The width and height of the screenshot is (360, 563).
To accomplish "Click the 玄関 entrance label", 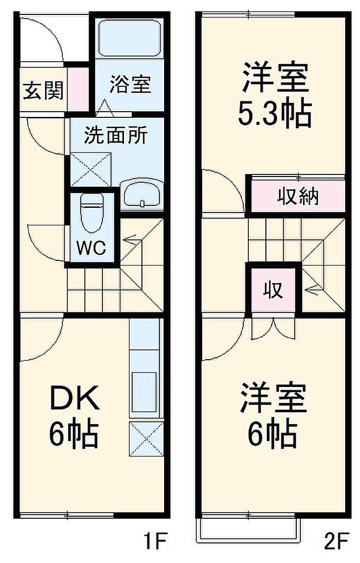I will coord(43,91).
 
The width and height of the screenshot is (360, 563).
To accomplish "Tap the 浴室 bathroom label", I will coord(130,84).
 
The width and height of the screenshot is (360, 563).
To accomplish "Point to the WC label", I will coord(91,248).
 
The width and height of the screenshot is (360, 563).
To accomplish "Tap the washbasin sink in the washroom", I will coord(141,194).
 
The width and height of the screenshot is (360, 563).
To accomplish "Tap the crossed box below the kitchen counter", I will coord(146,438).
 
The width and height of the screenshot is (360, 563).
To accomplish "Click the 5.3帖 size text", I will coord(274,114).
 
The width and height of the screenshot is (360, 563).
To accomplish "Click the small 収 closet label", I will coord(274,291).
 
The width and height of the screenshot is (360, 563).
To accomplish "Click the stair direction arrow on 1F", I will coord(131,239).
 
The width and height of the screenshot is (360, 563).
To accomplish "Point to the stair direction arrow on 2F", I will coord(313,290).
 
